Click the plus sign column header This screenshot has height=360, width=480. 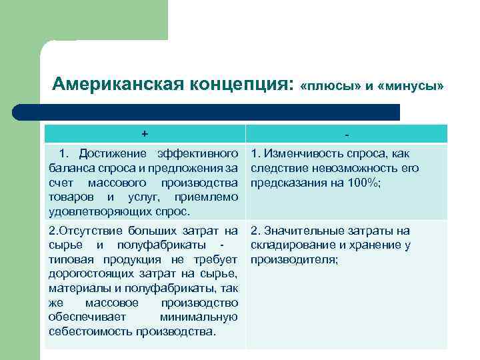(144, 132)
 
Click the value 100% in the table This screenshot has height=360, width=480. (365, 183)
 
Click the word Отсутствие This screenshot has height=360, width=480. (92, 231)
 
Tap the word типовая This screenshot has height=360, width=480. (69, 259)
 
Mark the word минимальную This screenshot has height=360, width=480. (199, 317)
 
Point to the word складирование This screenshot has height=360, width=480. (290, 245)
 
